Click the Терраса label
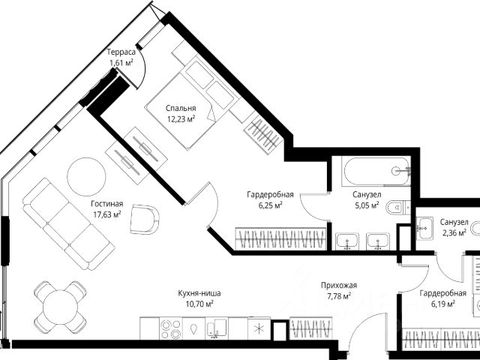coord(121,52)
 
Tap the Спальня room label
coord(181,108)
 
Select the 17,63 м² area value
coord(106,214)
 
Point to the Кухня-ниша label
coord(199,293)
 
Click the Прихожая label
coord(339,285)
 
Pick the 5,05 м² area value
coord(367,205)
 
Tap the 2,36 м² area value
coord(454,233)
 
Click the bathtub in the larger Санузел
coord(377,171)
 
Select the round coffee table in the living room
coord(86,177)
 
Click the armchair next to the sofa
coord(145,219)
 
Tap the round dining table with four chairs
coord(60,307)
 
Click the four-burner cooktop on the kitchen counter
coord(171,328)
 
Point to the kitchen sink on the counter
coord(217,328)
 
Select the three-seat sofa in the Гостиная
coord(68,224)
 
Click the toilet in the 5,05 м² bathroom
coord(397,208)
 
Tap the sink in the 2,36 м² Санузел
coord(424,228)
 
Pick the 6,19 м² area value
coord(442,304)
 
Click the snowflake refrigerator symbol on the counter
coord(259,328)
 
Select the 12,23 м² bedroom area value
coord(181,119)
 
